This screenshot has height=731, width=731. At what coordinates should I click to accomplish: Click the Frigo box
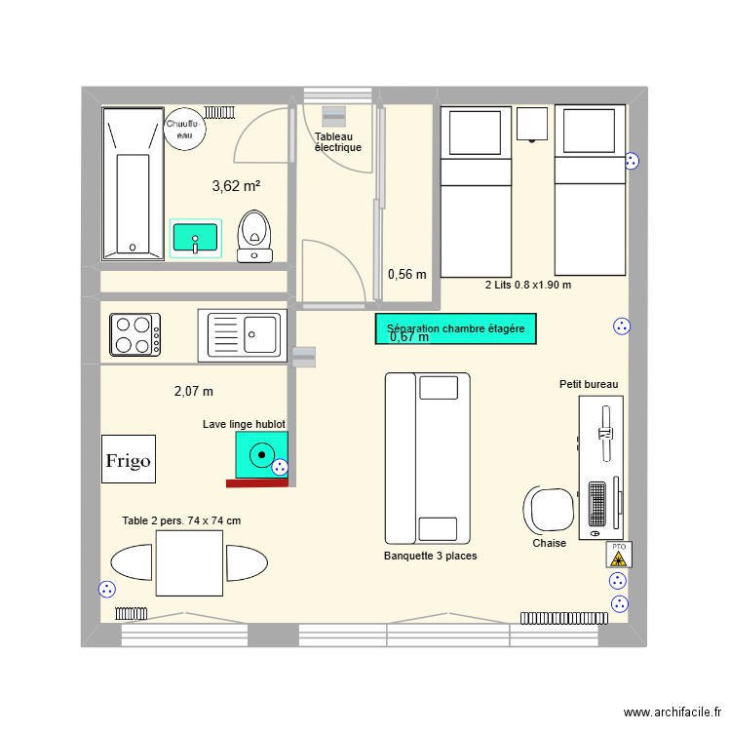coord(129,459)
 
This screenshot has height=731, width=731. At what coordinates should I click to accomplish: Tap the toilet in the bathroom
coord(255,235)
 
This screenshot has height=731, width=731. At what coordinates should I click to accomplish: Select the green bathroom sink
coord(196,237)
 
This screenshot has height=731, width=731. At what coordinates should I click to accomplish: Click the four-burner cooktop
coord(136,333)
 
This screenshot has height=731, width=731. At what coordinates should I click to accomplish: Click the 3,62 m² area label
coord(236,185)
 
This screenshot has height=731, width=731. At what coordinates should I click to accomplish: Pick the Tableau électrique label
coord(338,142)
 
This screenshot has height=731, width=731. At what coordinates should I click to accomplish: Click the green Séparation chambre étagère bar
coord(455,329)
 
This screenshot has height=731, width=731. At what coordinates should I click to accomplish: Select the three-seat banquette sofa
coord(427,457)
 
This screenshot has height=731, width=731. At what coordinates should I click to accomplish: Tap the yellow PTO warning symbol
coord(618,555)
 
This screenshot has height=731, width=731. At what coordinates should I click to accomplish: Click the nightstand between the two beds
coord(532,124)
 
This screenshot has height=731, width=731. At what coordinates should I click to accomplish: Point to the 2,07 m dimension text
coord(193,391)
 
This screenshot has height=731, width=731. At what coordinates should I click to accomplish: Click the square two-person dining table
coord(189,563)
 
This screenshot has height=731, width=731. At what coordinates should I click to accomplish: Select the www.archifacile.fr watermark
coord(671,713)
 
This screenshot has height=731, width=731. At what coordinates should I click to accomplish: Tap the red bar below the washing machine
coord(257,482)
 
